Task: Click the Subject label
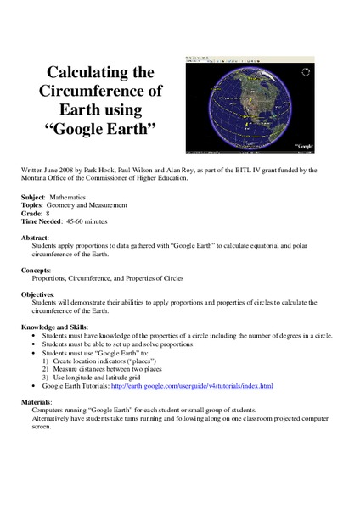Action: (33, 196)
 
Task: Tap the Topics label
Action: (33, 204)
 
